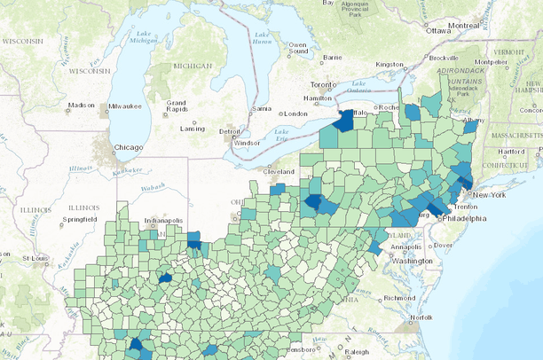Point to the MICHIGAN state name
pos(193,67)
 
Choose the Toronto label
pos(325,85)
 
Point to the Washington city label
pos(410,262)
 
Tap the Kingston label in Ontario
pos(390,64)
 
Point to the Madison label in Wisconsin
pos(81,106)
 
